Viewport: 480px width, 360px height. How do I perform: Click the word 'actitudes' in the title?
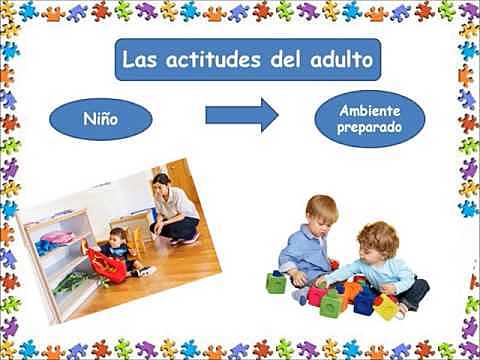tap(211, 60)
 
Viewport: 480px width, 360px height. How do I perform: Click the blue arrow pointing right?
tap(241, 115)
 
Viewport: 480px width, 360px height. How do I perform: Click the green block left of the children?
tap(276, 283)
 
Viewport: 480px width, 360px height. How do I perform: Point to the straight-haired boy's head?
tap(320, 211)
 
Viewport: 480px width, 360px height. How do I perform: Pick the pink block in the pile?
tap(318, 296)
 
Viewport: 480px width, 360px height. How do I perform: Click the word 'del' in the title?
tap(286, 60)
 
